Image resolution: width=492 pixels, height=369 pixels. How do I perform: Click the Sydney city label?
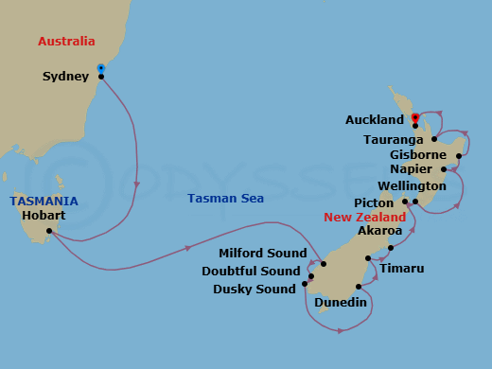pyautogui.click(x=66, y=77)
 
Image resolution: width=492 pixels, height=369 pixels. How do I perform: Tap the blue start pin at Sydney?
pyautogui.click(x=100, y=68)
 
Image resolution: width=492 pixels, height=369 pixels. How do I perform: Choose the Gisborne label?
pyautogui.click(x=417, y=154)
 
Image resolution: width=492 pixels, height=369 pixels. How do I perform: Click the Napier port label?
pyautogui.click(x=411, y=169)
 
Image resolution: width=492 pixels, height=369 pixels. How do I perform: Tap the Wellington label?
pyautogui.click(x=412, y=186)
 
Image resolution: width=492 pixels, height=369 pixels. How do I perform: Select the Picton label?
pyautogui.click(x=375, y=202)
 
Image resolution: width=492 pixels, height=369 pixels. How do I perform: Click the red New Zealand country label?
pyautogui.click(x=364, y=217)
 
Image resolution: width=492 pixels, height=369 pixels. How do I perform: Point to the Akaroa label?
pyautogui.click(x=379, y=231)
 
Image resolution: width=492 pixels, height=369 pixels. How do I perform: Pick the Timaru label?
pyautogui.click(x=401, y=269)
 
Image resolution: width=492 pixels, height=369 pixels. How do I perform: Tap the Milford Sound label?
pyautogui.click(x=263, y=254)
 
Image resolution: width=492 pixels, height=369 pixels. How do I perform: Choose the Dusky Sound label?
pyautogui.click(x=255, y=290)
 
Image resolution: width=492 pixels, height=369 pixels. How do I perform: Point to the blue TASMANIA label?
pyautogui.click(x=44, y=202)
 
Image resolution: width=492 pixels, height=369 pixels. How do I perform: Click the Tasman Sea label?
pyautogui.click(x=225, y=199)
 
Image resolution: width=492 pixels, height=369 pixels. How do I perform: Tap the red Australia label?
pyautogui.click(x=66, y=42)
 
